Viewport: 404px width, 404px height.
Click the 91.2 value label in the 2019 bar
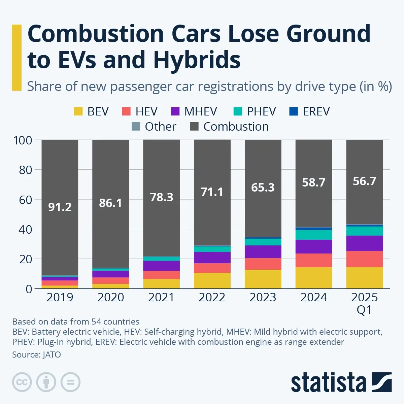(x=60, y=207)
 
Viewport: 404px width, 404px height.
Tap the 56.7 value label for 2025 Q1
(x=364, y=181)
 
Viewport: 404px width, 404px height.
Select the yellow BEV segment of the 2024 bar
(x=314, y=278)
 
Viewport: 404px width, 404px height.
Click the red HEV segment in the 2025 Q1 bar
(x=364, y=259)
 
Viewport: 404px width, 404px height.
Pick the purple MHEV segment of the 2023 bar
(x=263, y=251)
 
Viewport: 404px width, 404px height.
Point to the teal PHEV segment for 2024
(x=314, y=235)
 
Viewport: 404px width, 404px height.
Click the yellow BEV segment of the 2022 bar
(x=212, y=280)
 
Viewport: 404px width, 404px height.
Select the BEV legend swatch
(x=78, y=111)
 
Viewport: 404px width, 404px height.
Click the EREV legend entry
(x=309, y=111)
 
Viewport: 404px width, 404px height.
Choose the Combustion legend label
(x=236, y=127)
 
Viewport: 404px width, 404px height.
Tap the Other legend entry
(x=154, y=127)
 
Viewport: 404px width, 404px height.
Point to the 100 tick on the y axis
(x=23, y=140)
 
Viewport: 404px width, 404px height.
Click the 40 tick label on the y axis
(x=25, y=230)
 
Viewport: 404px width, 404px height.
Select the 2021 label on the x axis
(x=161, y=297)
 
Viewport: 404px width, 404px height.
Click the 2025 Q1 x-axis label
(x=364, y=303)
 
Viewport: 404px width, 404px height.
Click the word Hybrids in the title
(x=197, y=60)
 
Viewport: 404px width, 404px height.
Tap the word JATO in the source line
(x=52, y=355)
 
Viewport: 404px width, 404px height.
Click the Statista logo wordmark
(x=328, y=383)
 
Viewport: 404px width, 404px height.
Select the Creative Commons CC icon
(x=22, y=382)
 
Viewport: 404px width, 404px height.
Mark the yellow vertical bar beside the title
(x=17, y=58)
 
